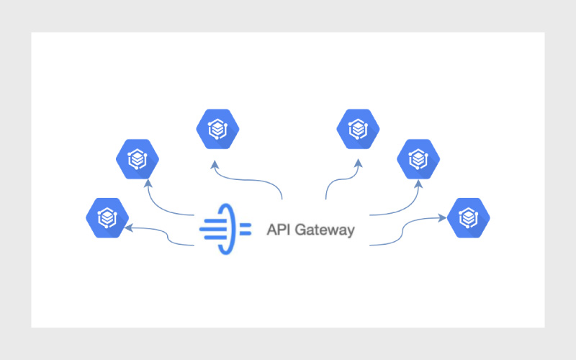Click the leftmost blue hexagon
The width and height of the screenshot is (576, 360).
point(107,217)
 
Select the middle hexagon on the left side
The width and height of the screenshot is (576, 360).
point(138,159)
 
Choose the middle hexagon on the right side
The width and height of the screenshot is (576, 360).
point(419,159)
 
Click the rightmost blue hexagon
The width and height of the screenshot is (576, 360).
point(469,217)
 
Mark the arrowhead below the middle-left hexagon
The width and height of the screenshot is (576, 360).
point(148,183)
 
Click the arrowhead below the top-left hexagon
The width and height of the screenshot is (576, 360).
point(213,165)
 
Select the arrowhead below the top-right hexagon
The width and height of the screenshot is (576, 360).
point(358,165)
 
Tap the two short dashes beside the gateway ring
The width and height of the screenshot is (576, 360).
point(246,229)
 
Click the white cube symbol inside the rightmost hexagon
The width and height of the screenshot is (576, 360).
point(469,216)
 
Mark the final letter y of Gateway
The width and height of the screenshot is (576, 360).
point(351,232)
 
